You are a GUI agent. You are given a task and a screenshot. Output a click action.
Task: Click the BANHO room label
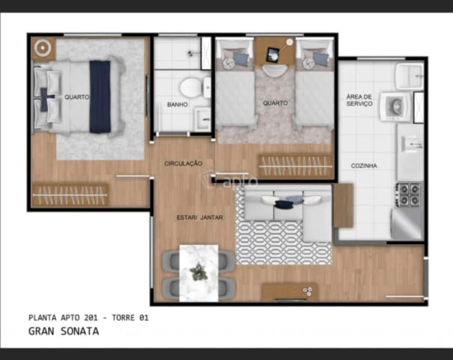tap(177, 105)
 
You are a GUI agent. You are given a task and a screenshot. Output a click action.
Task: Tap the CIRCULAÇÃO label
tap(183, 164)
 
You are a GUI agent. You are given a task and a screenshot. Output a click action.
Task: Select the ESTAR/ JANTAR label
tap(200, 217)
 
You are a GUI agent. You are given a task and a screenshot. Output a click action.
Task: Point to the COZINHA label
tap(364, 166)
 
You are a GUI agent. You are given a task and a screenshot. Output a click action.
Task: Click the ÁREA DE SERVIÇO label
tap(359, 100)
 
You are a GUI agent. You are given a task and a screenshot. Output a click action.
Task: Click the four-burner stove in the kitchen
tap(408, 194)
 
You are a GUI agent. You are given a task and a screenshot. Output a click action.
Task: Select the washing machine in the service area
tap(395, 107)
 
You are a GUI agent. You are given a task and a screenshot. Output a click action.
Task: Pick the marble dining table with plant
tap(199, 272)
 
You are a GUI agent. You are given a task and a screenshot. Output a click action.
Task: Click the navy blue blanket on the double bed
tap(100, 97)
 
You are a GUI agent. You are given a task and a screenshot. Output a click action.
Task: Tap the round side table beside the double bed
tap(43, 48)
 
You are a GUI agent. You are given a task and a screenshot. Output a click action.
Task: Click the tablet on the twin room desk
tap(273, 55)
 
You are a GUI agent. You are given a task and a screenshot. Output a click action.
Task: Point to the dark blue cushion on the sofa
tap(284, 204)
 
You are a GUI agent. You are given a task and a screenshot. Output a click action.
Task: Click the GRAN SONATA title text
tap(64, 331)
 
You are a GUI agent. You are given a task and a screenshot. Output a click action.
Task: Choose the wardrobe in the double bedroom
tap(70, 195)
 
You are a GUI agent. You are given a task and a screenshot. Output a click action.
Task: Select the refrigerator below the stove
tap(407, 224)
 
